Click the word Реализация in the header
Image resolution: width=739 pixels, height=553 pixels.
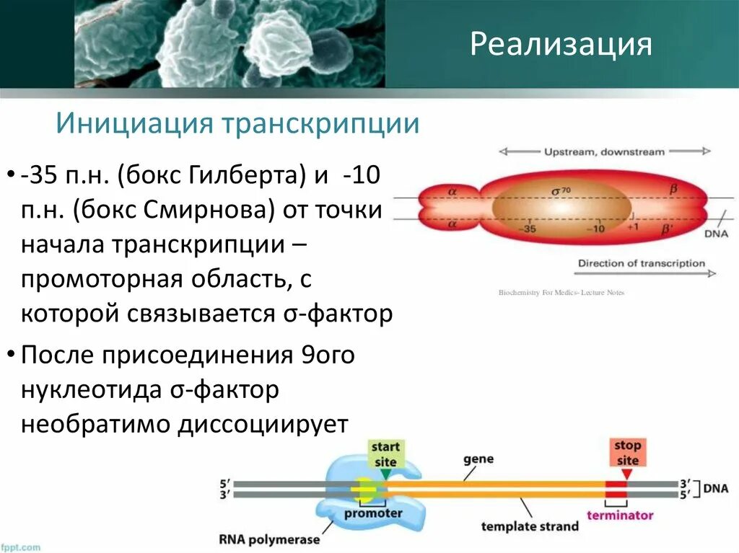point(561,44)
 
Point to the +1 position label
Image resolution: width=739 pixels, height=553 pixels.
point(633,226)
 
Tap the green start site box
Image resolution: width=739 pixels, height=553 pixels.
point(385,454)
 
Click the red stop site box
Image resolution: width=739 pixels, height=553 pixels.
point(627,453)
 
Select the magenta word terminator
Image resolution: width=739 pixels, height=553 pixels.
point(619,515)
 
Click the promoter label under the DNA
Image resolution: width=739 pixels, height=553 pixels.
point(373,513)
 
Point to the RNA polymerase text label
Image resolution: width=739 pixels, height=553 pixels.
point(268,538)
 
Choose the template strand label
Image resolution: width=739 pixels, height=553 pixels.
point(530,526)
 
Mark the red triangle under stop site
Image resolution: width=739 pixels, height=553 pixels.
point(626,474)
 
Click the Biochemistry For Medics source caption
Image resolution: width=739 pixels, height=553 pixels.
point(561,292)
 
